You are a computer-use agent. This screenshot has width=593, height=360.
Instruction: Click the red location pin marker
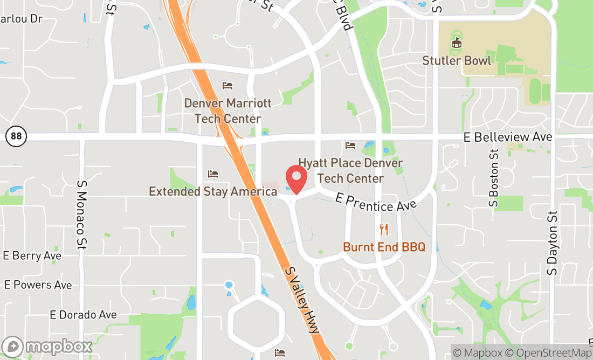coord(296,178)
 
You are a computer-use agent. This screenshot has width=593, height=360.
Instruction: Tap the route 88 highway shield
coord(16,136)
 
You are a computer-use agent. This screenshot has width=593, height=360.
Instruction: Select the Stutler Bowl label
coord(457,60)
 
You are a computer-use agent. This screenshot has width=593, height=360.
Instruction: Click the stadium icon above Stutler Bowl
coord(457,42)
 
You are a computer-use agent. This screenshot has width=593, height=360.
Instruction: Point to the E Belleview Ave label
coord(508,137)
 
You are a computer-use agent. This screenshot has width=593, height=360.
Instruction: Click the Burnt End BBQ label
coord(384,247)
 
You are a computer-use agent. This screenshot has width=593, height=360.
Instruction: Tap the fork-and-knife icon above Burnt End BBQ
coord(384,230)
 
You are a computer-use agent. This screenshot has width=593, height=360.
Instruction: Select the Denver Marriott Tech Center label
coord(227,111)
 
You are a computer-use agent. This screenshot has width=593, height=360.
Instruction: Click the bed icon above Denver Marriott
coord(227,86)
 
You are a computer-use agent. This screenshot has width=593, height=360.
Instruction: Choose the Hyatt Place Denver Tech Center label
coord(350,170)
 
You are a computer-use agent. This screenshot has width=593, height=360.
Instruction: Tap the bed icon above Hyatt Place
coord(350,146)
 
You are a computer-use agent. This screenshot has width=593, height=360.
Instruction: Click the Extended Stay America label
coord(213,191)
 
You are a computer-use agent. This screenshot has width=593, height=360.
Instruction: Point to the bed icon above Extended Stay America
coord(213,174)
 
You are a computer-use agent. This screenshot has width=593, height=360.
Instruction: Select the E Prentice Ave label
coord(376,202)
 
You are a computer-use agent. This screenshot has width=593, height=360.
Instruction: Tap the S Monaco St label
coord(81,214)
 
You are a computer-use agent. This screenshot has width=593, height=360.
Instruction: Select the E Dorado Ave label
coord(83,314)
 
